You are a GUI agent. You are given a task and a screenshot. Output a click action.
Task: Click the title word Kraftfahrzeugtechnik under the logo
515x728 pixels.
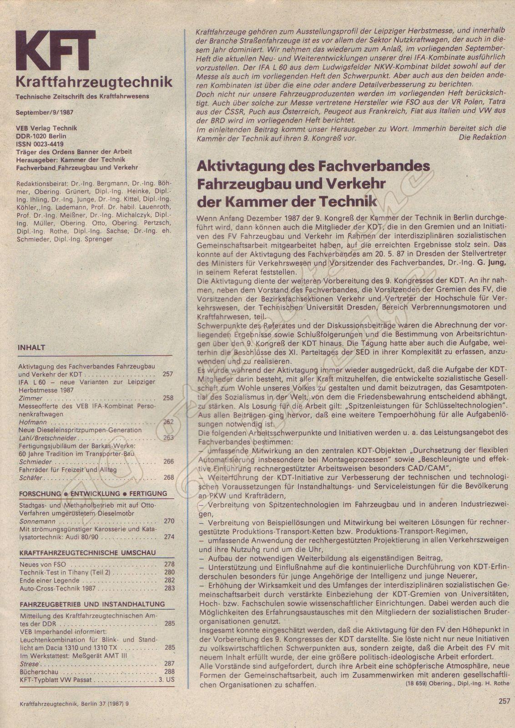tap(94, 82)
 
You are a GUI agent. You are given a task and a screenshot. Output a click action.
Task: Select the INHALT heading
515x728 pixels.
tap(31, 347)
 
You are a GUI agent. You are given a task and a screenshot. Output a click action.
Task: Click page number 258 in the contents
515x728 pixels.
tap(168, 398)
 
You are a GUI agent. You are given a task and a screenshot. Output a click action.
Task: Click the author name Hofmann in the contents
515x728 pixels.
tap(30, 422)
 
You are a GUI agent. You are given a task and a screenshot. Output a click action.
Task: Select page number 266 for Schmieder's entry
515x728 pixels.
tap(168, 461)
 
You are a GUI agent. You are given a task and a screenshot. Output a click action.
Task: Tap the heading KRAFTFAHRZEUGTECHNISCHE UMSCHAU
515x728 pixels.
tap(87, 552)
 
